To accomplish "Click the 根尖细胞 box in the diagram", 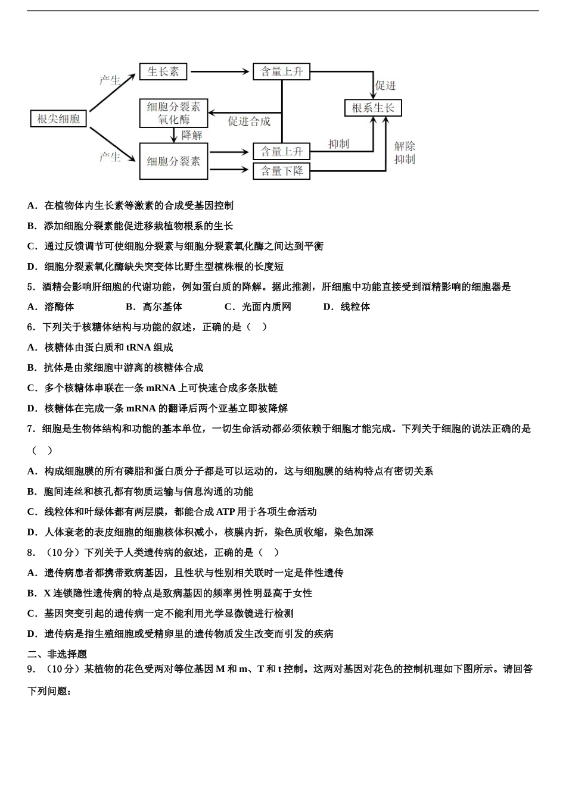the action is coord(58,118).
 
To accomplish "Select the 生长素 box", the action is coord(163,72).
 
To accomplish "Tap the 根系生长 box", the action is coord(373,108).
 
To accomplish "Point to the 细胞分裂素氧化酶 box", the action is coord(173,113).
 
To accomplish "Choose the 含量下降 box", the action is coord(282,171).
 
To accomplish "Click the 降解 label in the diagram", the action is coord(192,136).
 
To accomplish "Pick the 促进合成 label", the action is coord(249,121).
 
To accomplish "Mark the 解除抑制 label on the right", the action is coord(405,153).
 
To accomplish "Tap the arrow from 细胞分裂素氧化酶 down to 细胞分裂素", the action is coord(174,136).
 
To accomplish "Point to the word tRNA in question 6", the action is coord(138,347).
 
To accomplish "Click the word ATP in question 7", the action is coord(225,511).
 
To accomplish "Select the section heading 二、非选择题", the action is coord(57,654).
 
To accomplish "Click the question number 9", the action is coord(31,668).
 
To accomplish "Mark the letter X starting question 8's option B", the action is coord(47,593).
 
